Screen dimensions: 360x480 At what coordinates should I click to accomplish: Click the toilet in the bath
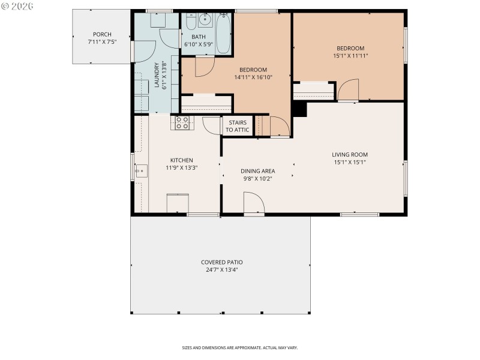pos(190,22)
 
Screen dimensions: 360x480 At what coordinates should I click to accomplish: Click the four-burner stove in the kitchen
pos(182,123)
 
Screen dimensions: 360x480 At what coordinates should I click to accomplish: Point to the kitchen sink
pos(141,171)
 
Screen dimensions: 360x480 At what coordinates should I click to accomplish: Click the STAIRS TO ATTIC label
pos(237,126)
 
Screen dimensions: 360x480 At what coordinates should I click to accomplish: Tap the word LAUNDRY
pos(157,76)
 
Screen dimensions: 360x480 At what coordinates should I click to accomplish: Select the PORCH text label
pos(101,34)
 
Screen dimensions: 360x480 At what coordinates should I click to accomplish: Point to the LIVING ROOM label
pos(350,154)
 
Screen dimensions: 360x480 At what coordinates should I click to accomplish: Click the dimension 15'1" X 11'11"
pos(350,56)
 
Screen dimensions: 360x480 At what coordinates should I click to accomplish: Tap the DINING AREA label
pos(258,171)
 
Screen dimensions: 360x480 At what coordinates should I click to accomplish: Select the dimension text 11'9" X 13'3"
pos(182,168)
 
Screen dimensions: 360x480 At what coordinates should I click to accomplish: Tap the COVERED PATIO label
pos(222,262)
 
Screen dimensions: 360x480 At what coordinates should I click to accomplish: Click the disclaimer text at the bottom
pos(240,347)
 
